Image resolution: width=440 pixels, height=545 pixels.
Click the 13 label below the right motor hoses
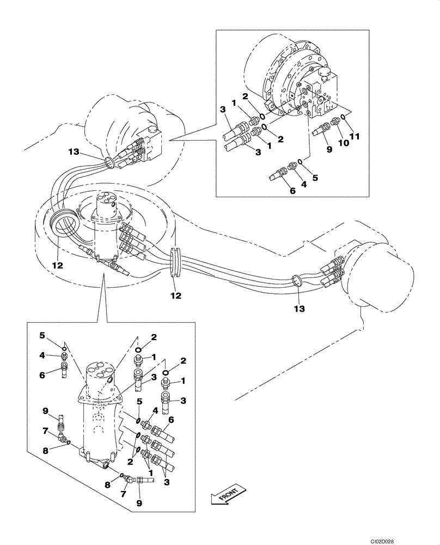pyautogui.click(x=300, y=308)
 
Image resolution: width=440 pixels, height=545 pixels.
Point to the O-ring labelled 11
pyautogui.click(x=344, y=117)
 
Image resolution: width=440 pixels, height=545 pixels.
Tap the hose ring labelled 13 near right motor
pyautogui.click(x=297, y=281)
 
